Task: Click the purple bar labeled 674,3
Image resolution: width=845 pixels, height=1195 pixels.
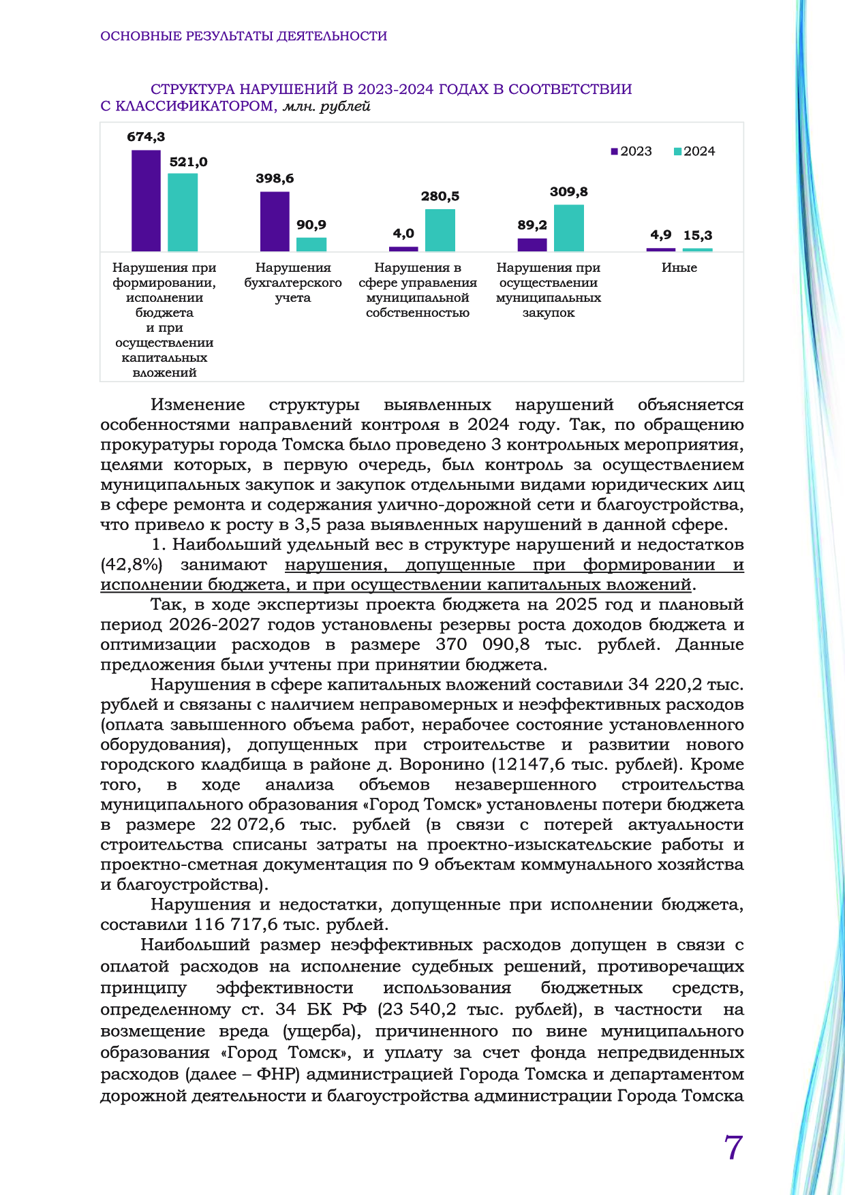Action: tap(146, 200)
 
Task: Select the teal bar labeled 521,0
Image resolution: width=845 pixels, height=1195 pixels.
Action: tap(183, 212)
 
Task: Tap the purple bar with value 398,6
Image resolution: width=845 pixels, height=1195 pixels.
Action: tap(275, 221)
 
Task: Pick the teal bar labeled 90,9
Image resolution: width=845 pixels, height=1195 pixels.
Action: tap(311, 244)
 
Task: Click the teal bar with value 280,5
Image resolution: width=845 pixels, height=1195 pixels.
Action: tap(440, 230)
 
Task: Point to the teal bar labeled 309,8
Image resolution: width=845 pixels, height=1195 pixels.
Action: tap(569, 228)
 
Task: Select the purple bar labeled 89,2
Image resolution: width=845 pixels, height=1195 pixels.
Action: tap(532, 245)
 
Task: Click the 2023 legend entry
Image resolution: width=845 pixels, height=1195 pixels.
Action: tap(632, 151)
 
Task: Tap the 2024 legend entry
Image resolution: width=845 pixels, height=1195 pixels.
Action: tap(695, 151)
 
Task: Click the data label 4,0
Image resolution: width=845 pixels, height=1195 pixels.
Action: tap(403, 234)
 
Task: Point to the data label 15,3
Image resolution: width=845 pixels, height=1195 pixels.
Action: tap(698, 235)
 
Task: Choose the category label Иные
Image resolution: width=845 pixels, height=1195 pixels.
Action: tap(679, 268)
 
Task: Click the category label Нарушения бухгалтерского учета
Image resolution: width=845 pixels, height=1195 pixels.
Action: tap(293, 283)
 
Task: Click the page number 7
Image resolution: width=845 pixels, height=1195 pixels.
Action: tap(733, 1147)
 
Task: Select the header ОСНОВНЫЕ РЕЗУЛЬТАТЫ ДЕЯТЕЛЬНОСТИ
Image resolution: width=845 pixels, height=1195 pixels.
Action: tap(243, 36)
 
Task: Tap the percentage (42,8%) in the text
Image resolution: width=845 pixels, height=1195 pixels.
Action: tap(132, 565)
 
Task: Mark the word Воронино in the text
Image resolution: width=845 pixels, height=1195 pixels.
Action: tap(440, 764)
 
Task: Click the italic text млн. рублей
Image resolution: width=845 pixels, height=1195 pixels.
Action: tap(326, 106)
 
